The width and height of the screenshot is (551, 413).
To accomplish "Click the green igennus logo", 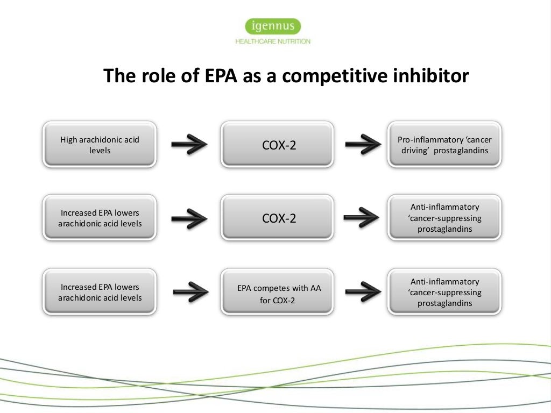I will coord(273,26).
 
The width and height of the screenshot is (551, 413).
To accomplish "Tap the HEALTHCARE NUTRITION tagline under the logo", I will coord(273,41).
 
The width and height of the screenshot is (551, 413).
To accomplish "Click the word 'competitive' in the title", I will coord(334,76).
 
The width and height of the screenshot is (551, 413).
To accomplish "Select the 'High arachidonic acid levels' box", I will coord(100,145).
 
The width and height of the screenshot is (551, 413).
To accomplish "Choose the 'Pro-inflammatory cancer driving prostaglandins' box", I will coord(444,145).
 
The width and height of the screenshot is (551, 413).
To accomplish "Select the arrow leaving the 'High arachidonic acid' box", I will coord(189,144).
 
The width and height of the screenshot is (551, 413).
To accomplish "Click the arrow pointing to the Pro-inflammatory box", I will coord(362,144).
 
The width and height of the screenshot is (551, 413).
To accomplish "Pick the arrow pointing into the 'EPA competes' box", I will coord(190,293).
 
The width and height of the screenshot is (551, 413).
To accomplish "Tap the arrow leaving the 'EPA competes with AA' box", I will coord(362,293).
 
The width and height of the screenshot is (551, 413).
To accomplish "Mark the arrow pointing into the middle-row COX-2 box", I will coord(189,218).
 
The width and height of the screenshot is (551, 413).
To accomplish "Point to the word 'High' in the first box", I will coord(69,140).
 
